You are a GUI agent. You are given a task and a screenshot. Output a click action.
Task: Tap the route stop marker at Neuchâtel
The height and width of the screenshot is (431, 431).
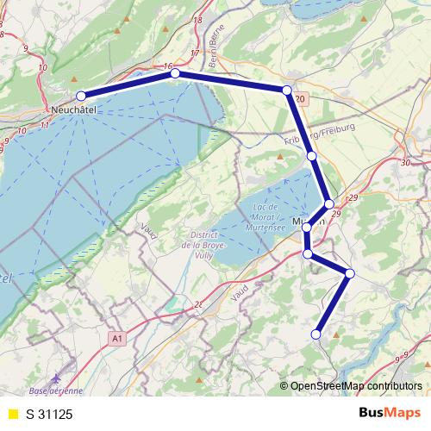(x=81, y=96)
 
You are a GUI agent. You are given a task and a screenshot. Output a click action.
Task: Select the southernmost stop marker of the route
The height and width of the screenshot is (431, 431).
(x=316, y=334)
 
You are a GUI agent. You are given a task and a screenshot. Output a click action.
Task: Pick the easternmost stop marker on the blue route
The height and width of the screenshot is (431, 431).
(x=349, y=273)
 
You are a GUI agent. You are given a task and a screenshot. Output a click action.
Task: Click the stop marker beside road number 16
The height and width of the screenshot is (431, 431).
(x=176, y=74)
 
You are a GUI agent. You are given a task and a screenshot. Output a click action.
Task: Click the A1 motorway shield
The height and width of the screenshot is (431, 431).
(x=117, y=340)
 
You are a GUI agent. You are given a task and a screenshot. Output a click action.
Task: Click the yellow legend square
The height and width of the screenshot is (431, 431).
(x=12, y=414)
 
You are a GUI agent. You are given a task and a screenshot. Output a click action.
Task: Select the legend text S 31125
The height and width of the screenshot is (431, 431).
(x=49, y=414)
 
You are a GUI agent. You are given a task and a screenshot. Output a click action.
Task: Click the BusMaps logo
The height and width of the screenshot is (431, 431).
(x=390, y=413)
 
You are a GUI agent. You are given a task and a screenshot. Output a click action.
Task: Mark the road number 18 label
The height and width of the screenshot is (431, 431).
(x=197, y=20)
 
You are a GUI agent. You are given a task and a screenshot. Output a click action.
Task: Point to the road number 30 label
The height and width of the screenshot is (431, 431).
(x=405, y=162)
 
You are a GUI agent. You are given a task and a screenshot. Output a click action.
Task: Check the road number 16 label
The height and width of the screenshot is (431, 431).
(x=167, y=66)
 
